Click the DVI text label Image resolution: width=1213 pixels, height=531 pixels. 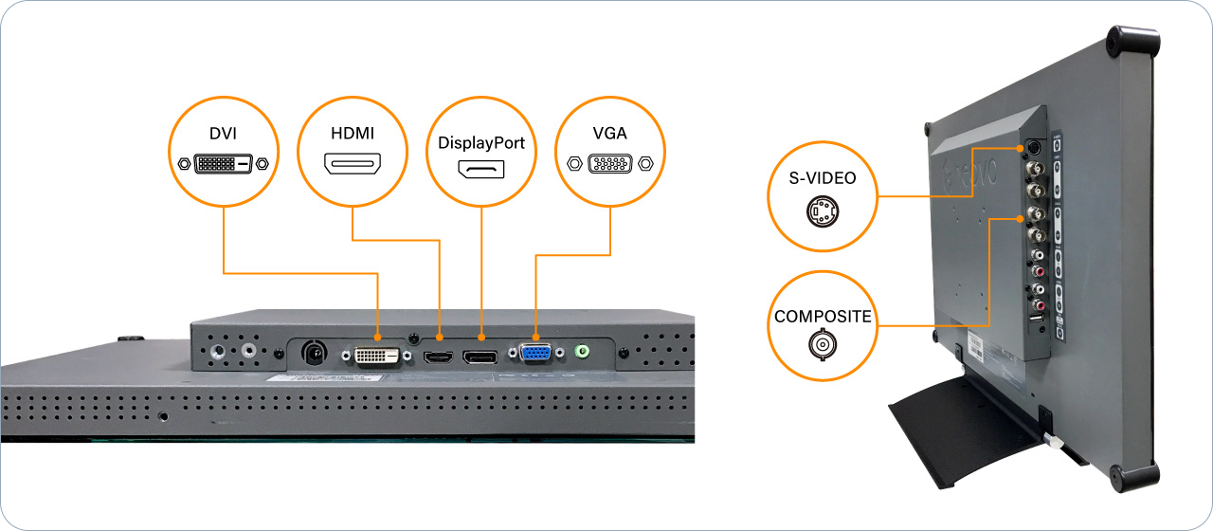click(x=223, y=135)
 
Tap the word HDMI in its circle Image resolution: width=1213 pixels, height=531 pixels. click(x=353, y=135)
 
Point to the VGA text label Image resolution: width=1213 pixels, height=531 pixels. click(x=610, y=135)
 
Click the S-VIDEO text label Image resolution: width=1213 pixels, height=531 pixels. click(x=822, y=176)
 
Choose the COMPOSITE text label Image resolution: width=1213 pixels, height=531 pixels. click(x=822, y=317)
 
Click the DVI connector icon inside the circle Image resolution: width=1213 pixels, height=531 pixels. click(x=223, y=164)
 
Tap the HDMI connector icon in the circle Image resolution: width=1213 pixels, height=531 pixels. click(x=353, y=165)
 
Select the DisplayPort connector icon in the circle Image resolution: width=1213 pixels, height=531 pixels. click(x=481, y=172)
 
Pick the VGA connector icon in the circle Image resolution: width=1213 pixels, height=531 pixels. click(x=610, y=163)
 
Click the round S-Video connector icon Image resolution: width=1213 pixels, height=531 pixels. click(x=822, y=211)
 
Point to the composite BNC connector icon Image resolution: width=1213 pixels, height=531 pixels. click(x=822, y=346)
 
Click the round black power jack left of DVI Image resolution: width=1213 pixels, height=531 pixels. click(x=313, y=354)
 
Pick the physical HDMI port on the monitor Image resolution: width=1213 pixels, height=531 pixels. click(x=438, y=357)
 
